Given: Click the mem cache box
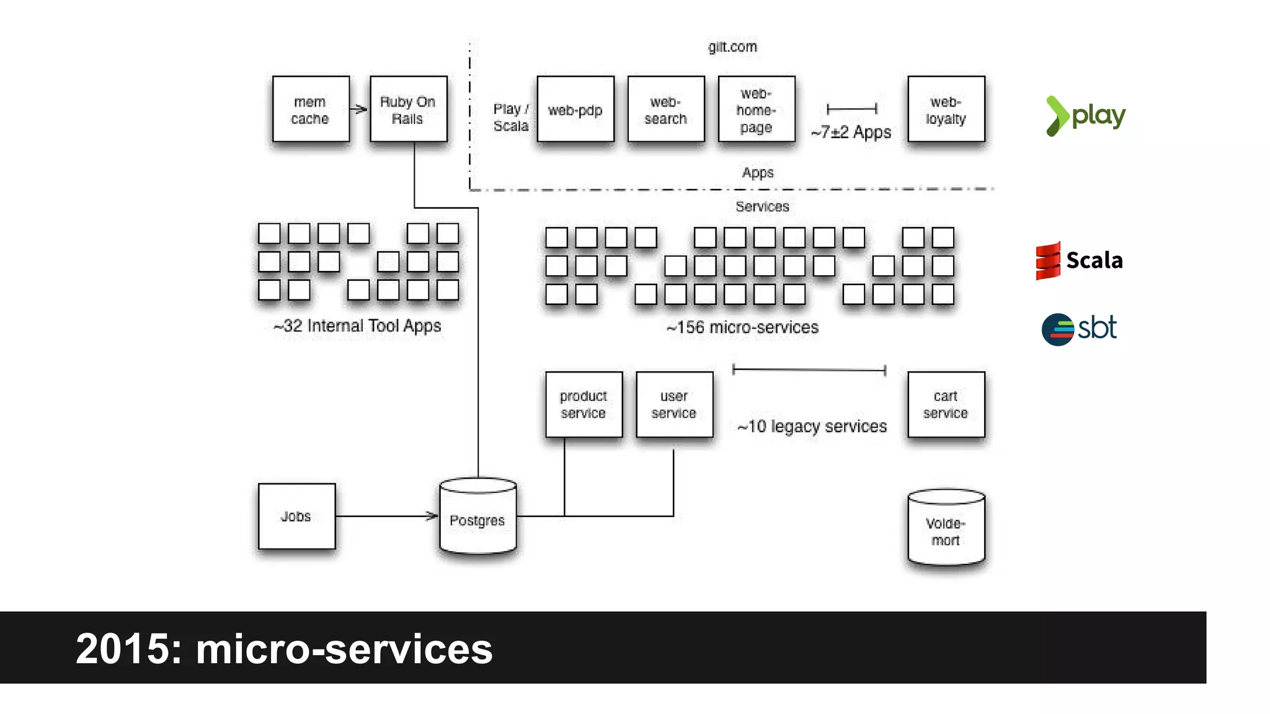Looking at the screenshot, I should [310, 109].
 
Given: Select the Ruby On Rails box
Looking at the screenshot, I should [408, 109].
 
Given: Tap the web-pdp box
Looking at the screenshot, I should [575, 109].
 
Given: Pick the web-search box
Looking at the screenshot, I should [665, 109].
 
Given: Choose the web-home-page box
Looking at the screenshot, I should [756, 109].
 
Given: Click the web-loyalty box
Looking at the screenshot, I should [946, 109].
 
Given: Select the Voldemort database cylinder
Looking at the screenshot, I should [946, 528].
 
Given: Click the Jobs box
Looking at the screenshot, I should [296, 516].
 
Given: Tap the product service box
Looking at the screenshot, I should [584, 404].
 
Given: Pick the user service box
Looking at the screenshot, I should [674, 404].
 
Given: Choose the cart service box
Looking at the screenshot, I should [946, 404].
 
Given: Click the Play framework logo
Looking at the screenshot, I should [1086, 116].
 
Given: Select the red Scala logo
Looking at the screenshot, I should [1048, 260].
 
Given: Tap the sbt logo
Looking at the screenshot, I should [1079, 328].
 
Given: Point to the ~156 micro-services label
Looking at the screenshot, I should [742, 327].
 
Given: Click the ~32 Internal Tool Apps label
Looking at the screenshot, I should [357, 326].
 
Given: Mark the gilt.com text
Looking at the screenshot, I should [732, 47].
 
